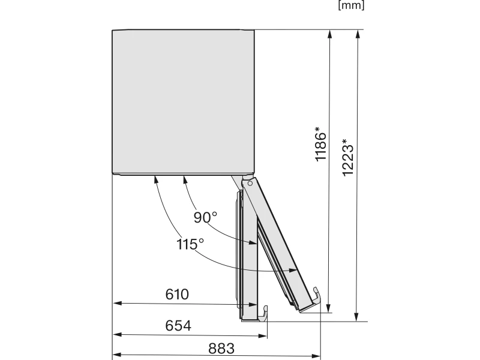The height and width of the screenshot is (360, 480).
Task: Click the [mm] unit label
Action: (351, 5)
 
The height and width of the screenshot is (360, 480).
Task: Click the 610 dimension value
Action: (177, 295)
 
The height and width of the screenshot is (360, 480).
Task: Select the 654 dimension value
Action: (178, 326)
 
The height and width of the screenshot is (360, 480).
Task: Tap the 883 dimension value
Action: (221, 349)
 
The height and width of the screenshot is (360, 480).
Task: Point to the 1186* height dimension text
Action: (321, 144)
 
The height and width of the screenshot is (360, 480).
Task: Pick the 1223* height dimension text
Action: (348, 157)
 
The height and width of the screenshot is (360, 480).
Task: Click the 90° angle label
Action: (205, 217)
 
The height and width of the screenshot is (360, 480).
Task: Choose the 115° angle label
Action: (190, 244)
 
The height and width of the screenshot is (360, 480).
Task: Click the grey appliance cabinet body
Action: (183, 102)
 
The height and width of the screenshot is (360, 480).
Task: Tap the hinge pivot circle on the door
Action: (250, 184)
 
